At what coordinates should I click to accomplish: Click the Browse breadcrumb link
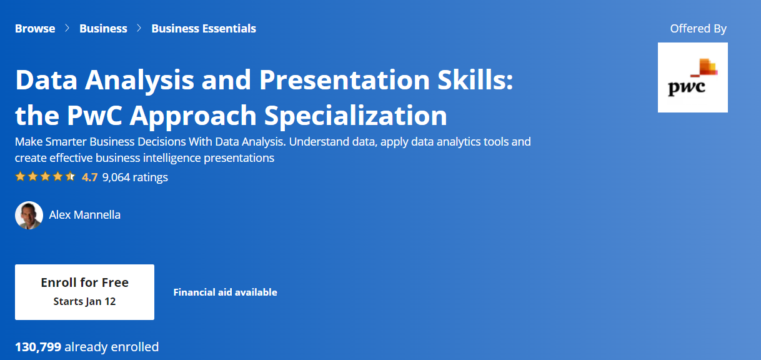pyautogui.click(x=35, y=29)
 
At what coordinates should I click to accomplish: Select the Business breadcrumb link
pyautogui.click(x=103, y=29)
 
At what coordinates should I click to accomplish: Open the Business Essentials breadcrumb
pyautogui.click(x=204, y=29)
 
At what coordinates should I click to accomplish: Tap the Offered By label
pyautogui.click(x=698, y=29)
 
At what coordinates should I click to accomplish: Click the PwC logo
pyautogui.click(x=693, y=77)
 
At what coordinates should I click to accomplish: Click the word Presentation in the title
pyautogui.click(x=344, y=80)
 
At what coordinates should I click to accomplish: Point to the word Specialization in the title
pyautogui.click(x=356, y=116)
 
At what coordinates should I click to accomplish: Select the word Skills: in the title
pyautogui.click(x=475, y=79)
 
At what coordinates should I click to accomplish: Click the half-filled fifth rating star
pyautogui.click(x=71, y=176)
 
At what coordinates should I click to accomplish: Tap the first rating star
pyautogui.click(x=21, y=176)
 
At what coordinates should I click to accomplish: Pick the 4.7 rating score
pyautogui.click(x=90, y=177)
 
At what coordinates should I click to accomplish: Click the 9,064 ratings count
pyautogui.click(x=135, y=177)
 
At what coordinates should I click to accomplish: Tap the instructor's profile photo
pyautogui.click(x=29, y=215)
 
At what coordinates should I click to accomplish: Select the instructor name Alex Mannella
pyautogui.click(x=84, y=215)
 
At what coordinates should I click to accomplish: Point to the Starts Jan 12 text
pyautogui.click(x=84, y=301)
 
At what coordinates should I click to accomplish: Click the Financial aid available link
pyautogui.click(x=226, y=292)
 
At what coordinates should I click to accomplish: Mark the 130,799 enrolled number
pyautogui.click(x=38, y=347)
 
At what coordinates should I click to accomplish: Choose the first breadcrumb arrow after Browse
pyautogui.click(x=67, y=28)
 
